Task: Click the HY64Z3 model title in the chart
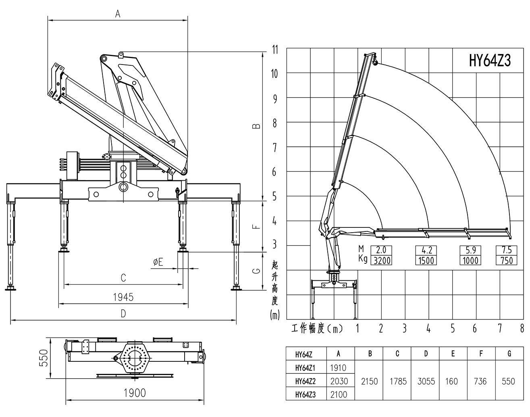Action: (490, 61)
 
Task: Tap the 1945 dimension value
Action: (123, 297)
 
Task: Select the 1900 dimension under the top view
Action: (135, 392)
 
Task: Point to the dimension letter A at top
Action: (118, 14)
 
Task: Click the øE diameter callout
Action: (158, 262)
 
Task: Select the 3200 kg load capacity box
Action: (381, 261)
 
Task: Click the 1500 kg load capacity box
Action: (426, 261)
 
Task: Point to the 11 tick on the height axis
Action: (275, 50)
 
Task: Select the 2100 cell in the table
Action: (339, 394)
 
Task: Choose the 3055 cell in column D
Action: (426, 381)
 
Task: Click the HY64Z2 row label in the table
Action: (305, 381)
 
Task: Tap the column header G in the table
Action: (509, 354)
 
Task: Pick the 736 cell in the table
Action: (480, 381)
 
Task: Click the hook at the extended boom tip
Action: (375, 61)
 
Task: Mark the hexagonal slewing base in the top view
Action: (135, 357)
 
